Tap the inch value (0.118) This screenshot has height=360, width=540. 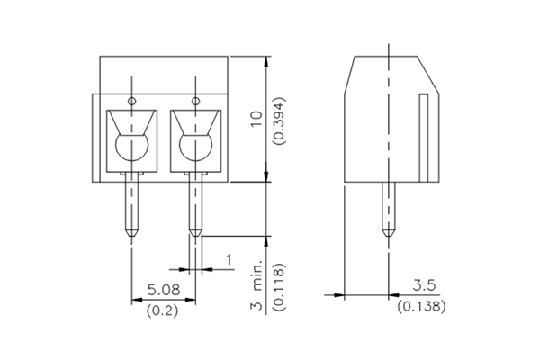coord(280,286)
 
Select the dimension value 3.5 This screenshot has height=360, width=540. coord(424,285)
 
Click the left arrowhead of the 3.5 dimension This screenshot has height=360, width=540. coord(338,294)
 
